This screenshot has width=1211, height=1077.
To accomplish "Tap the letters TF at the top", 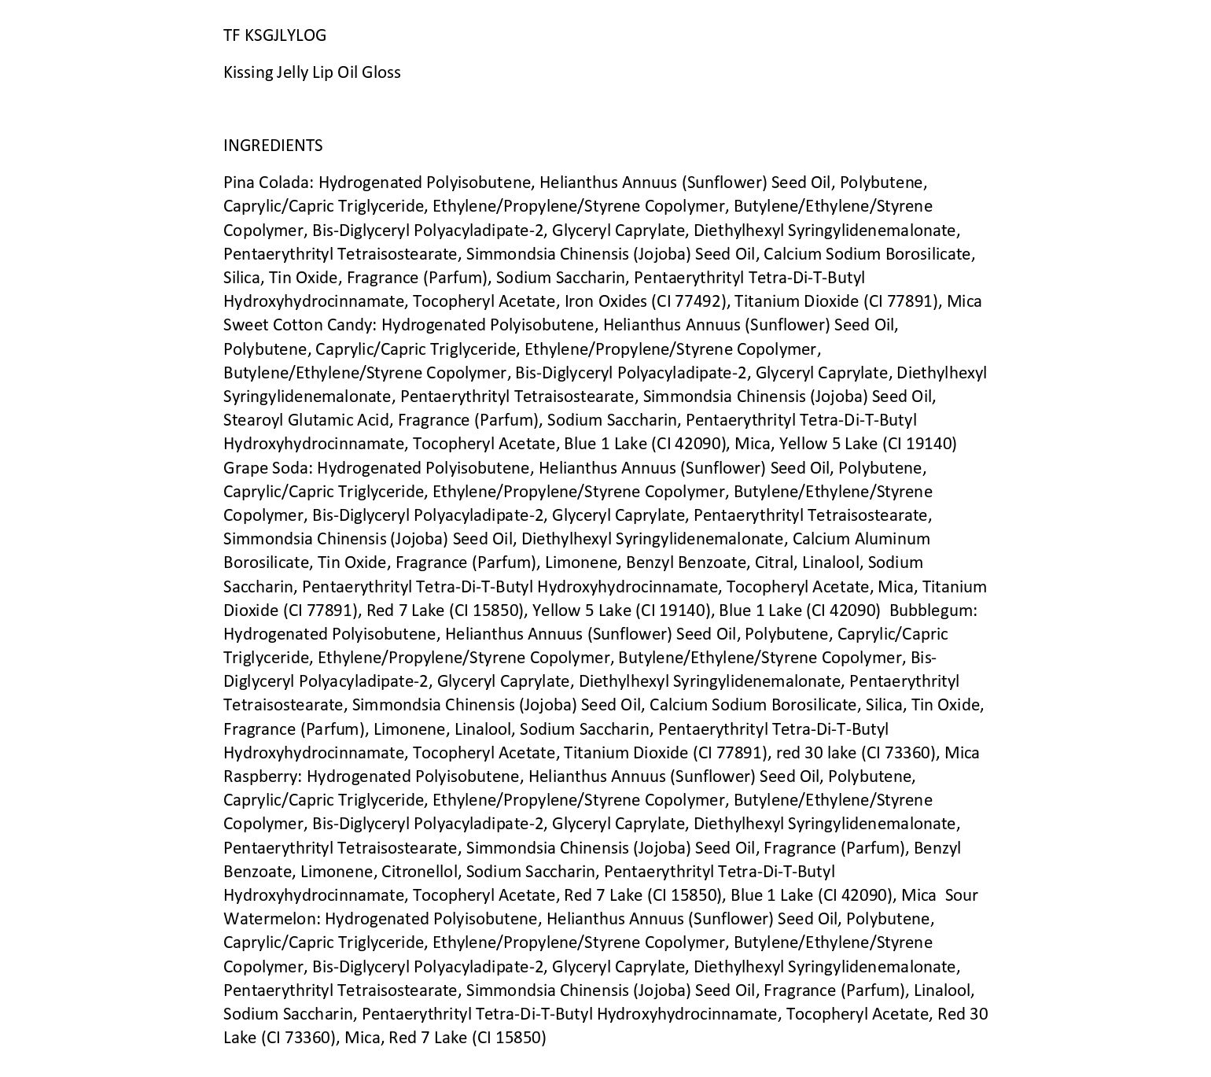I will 231,35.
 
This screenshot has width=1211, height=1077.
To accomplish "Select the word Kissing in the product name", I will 247,72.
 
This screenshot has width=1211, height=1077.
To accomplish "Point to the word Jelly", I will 292,72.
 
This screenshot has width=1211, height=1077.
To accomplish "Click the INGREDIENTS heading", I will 273,146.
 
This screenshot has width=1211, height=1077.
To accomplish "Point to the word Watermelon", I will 271,919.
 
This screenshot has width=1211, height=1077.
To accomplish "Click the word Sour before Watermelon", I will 961,895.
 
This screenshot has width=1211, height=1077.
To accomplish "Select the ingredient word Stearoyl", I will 252,420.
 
